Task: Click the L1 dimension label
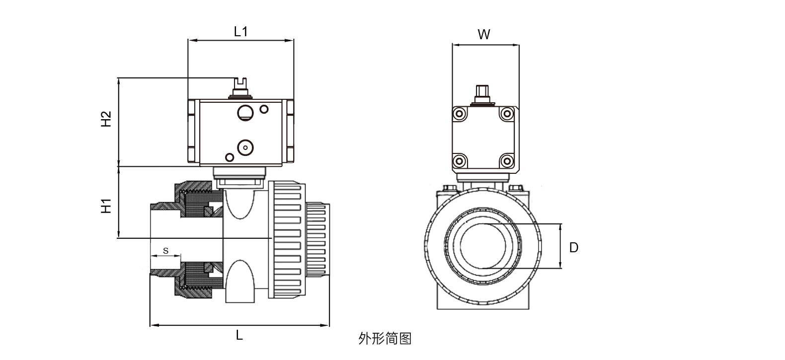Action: [240, 32]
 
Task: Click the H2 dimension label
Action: [106, 119]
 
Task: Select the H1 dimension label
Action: [106, 206]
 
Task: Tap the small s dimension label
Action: [165, 251]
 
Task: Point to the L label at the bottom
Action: [239, 336]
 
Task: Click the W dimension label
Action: [484, 35]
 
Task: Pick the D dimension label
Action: [573, 247]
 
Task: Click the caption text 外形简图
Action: [385, 339]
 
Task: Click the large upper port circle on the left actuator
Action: [244, 112]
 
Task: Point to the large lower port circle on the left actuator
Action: [245, 147]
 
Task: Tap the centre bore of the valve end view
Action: [483, 246]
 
